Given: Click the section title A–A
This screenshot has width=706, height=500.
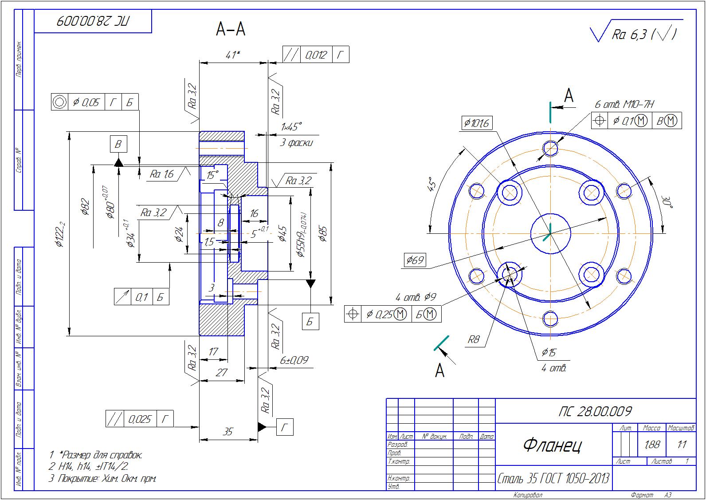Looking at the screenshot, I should tap(231, 29).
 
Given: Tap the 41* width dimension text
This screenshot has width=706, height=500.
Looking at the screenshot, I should tap(232, 55).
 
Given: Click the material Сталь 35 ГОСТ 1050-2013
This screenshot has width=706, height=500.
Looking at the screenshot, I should tap(553, 479).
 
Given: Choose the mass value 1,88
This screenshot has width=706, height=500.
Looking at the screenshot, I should tap(651, 444).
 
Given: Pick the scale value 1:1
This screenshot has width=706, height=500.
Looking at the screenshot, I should tap(682, 444).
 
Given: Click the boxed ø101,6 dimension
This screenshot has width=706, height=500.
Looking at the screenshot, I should tap(476, 123).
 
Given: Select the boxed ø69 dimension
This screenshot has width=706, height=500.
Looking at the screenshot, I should tap(415, 260).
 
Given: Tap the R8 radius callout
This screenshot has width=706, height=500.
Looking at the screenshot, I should tap(474, 340).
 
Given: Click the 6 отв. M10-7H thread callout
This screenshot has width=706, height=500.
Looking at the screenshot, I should tap(624, 104).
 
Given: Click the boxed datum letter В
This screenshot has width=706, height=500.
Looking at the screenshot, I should tap(118, 144).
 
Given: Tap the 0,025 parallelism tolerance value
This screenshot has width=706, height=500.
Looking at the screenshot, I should tap(140, 419).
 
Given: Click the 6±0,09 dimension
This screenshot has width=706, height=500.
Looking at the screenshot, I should tap(294, 360).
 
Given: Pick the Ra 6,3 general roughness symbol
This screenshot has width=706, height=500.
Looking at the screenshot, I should tap(634, 34).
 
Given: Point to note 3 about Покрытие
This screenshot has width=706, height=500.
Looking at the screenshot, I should tap(103, 478).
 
